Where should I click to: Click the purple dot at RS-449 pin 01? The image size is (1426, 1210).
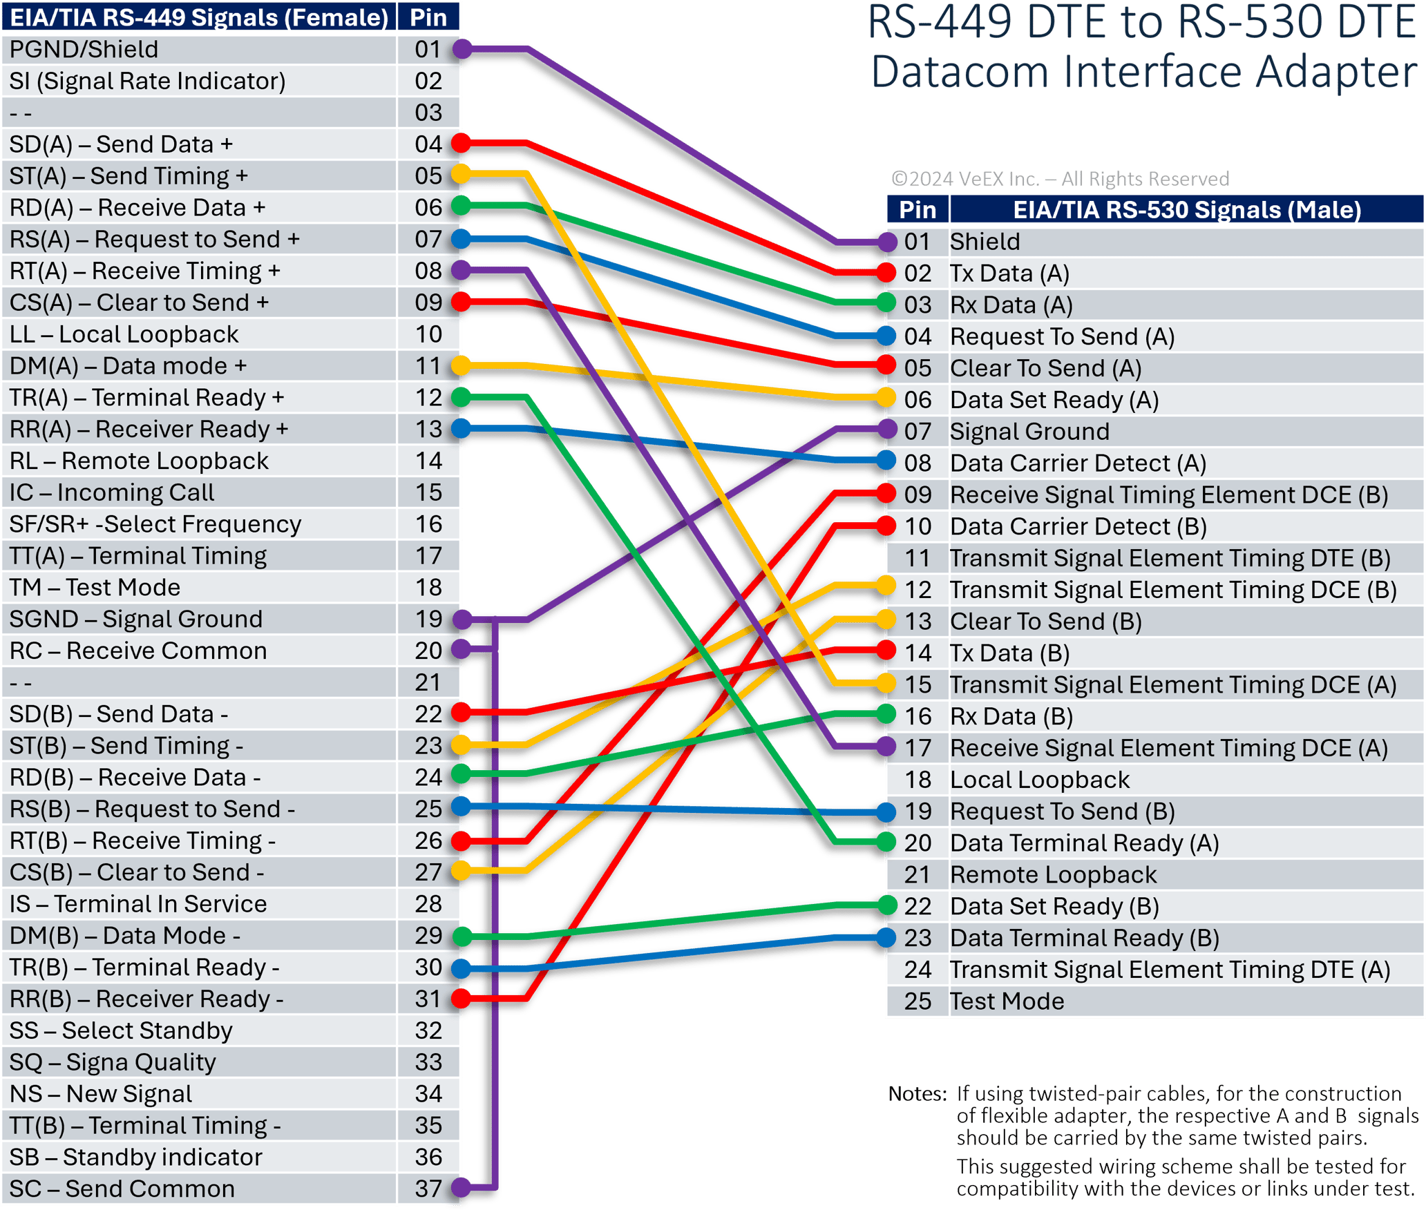[x=462, y=49]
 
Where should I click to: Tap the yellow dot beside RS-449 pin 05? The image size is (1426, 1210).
[x=462, y=173]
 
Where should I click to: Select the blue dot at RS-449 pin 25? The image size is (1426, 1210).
[x=462, y=806]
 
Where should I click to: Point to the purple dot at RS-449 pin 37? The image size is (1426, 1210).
[x=462, y=1187]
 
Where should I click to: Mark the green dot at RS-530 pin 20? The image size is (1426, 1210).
[x=887, y=842]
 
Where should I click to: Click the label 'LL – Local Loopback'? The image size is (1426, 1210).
[x=124, y=334]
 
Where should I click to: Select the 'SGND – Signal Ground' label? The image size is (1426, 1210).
[x=135, y=619]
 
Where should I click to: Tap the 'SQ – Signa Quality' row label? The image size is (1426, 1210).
[x=113, y=1062]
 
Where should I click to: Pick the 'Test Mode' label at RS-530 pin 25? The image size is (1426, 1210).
[x=1007, y=1001]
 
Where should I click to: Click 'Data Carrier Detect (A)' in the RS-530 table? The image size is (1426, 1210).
[x=1078, y=463]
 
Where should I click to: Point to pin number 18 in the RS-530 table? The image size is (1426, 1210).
[x=918, y=780]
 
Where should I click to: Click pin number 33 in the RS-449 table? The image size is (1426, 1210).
[x=428, y=1062]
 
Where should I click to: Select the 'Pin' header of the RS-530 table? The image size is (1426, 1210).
[x=918, y=209]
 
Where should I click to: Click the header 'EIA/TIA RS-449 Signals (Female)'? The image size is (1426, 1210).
[x=199, y=17]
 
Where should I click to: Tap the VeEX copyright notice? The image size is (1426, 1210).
[x=1060, y=179]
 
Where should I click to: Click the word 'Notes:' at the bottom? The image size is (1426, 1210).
[x=917, y=1094]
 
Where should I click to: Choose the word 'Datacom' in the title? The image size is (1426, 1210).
[x=960, y=72]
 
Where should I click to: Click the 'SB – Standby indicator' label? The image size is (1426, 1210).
[x=135, y=1157]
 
